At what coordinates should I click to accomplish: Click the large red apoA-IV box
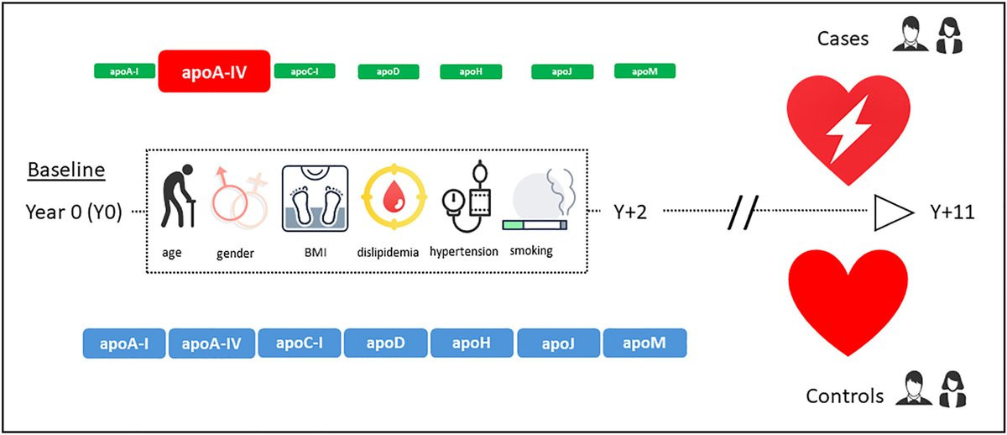coord(213,71)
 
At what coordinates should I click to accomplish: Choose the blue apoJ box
coord(558,343)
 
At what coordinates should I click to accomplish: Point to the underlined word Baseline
coord(66,170)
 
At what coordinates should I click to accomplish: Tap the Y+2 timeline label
coord(629,213)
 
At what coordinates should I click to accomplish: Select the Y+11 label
coord(952,213)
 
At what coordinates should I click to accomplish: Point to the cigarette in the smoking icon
coord(534,225)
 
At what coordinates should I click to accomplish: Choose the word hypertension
coord(464,251)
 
